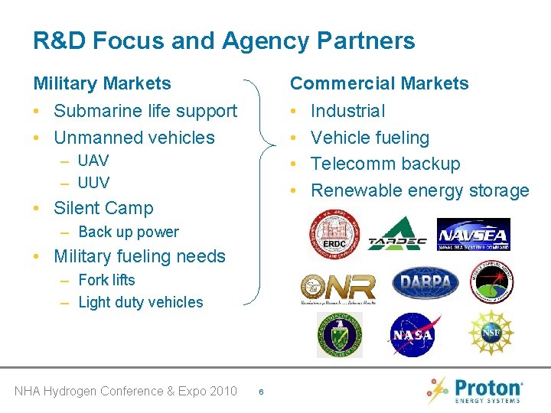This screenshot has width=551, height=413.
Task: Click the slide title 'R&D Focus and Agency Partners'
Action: (x=223, y=41)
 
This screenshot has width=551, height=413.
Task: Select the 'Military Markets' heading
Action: (x=102, y=83)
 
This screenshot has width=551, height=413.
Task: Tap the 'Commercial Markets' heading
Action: (x=379, y=83)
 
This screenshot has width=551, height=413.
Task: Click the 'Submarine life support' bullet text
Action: (x=145, y=111)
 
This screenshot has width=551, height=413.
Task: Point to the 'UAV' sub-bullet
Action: (x=93, y=161)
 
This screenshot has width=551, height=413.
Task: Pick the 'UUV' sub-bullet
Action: (x=93, y=183)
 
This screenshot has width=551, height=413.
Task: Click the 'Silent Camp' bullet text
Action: (x=103, y=208)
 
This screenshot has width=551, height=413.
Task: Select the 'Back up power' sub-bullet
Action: (x=128, y=232)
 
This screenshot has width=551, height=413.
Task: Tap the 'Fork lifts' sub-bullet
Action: (x=106, y=280)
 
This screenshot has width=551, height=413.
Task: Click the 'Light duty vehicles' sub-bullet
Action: (x=140, y=302)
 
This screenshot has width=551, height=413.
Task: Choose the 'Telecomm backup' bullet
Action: (x=385, y=164)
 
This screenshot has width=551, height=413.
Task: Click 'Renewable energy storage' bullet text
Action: (x=419, y=190)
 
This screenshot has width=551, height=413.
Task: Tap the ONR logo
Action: (x=337, y=288)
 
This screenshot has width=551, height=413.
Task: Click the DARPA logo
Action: (x=425, y=283)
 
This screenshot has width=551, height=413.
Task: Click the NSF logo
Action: (x=491, y=333)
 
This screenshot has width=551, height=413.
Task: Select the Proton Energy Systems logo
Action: (x=476, y=389)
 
